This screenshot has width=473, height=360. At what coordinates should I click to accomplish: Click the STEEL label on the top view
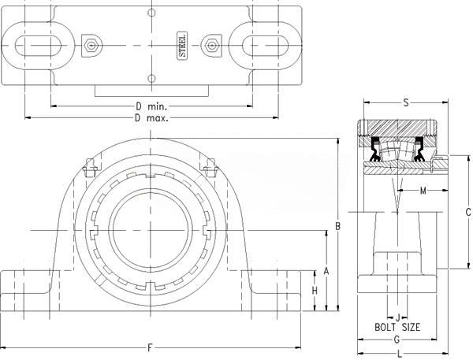pos(182,45)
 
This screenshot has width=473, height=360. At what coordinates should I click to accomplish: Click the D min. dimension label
pos(151,106)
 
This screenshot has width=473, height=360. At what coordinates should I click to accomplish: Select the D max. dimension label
pos(151,118)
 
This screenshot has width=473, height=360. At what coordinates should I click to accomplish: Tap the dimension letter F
pos(150,348)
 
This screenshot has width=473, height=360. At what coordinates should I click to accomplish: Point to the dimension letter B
pos(338,226)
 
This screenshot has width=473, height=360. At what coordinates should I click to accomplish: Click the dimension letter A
pos(326,271)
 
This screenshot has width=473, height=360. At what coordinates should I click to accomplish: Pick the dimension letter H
pos(315,291)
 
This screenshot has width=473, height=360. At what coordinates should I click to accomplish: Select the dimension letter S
pos(406,103)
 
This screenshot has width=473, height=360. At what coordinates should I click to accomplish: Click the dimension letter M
pos(423,191)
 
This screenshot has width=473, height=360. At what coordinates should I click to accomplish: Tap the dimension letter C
pos(467,212)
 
